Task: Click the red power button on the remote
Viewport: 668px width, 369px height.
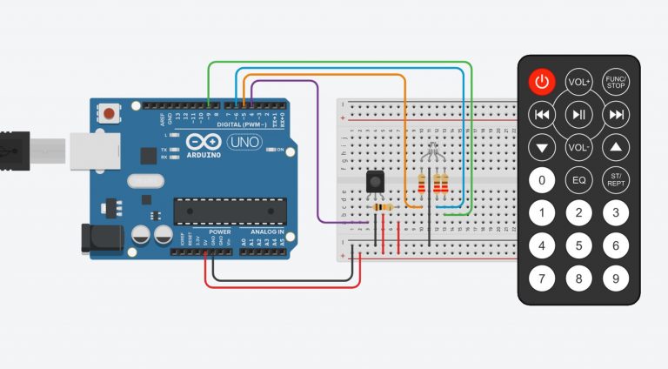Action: pyautogui.click(x=542, y=83)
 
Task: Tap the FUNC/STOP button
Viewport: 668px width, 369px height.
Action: pyautogui.click(x=616, y=83)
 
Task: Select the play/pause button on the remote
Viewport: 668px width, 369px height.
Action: pyautogui.click(x=579, y=114)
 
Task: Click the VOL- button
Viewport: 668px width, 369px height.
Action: pyautogui.click(x=579, y=147)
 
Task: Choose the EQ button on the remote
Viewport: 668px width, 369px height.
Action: pyautogui.click(x=579, y=180)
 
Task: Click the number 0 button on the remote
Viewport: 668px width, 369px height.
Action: pyautogui.click(x=542, y=180)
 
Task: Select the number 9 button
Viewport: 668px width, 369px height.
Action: pyautogui.click(x=616, y=279)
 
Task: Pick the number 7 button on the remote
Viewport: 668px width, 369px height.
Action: pyautogui.click(x=542, y=279)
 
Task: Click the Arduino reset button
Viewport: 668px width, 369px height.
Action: pyautogui.click(x=109, y=114)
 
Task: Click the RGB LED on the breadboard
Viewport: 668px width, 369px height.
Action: pyautogui.click(x=432, y=158)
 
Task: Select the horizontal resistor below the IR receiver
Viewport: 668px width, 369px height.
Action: pyautogui.click(x=381, y=207)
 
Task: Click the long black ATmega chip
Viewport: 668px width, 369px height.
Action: pyautogui.click(x=230, y=211)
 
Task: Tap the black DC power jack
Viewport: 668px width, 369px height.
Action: pyautogui.click(x=97, y=239)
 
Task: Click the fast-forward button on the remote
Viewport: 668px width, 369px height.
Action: pyautogui.click(x=616, y=114)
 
